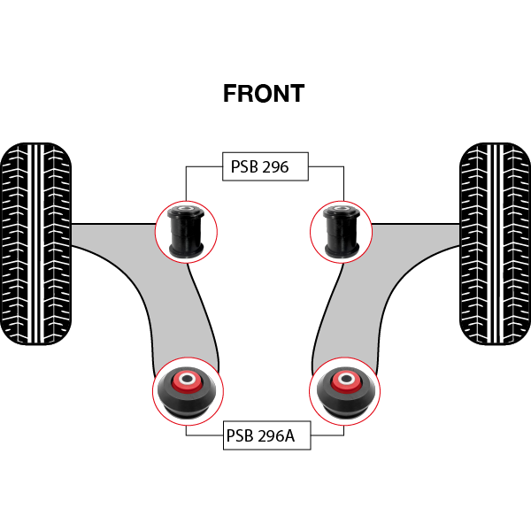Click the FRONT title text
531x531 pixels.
pos(264,94)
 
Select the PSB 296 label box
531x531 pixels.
pos(265,166)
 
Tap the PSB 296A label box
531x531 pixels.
pos(265,435)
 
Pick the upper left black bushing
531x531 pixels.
pos(187,229)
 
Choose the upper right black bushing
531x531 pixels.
pos(341,229)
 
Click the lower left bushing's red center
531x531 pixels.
pos(187,381)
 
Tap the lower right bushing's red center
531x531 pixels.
pos(343,381)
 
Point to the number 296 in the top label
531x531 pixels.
pos(276,166)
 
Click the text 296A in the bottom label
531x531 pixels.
pos(278,435)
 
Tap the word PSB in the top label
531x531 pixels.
pos(244,166)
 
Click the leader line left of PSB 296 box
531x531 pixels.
pos(204,166)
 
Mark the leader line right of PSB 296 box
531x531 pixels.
pos(326,166)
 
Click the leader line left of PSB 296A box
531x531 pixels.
pos(204,435)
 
